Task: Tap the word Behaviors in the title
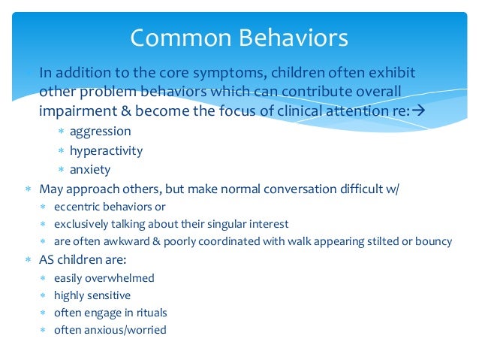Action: [291, 37]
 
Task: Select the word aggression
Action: [101, 132]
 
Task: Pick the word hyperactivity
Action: [106, 150]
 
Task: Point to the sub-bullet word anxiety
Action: [90, 169]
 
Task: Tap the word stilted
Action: [383, 242]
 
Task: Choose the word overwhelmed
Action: [121, 278]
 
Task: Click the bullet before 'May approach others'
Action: [27, 189]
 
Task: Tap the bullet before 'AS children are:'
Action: [27, 260]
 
